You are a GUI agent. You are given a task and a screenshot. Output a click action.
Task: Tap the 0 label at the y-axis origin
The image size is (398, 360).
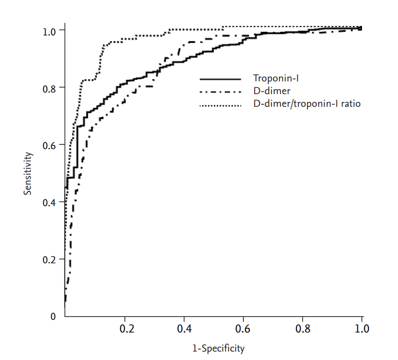52,317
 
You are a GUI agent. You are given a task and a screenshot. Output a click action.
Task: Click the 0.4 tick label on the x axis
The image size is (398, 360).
184,328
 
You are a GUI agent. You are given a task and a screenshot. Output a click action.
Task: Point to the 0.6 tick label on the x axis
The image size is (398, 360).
243,328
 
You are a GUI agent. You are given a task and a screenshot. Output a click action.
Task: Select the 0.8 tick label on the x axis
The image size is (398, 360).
303,328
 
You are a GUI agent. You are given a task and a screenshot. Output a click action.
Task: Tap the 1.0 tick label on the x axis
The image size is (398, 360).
362,328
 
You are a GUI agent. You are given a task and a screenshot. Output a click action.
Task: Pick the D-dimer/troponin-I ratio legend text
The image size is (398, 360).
307,104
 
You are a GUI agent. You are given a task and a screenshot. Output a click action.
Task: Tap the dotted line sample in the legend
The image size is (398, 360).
220,105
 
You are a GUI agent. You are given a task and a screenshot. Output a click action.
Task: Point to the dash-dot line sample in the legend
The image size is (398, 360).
220,92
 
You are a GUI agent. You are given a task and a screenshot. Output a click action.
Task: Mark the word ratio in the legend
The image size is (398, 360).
351,104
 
